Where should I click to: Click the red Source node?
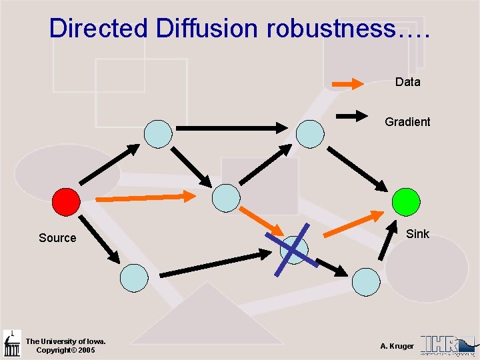click(66, 201)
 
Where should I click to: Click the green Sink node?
click(406, 201)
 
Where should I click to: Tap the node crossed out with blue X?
click(295, 249)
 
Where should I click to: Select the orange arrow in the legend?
click(348, 83)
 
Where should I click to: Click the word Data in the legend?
click(407, 82)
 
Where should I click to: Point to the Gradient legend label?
click(407, 122)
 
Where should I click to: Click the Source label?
click(57, 238)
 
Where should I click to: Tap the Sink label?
click(417, 234)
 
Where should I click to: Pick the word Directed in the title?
click(99, 28)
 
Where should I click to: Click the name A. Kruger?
click(397, 346)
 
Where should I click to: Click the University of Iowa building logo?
click(11, 343)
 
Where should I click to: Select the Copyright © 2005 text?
click(66, 350)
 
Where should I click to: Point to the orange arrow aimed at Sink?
click(353, 223)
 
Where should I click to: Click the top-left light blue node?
click(158, 133)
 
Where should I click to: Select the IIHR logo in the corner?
click(449, 345)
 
